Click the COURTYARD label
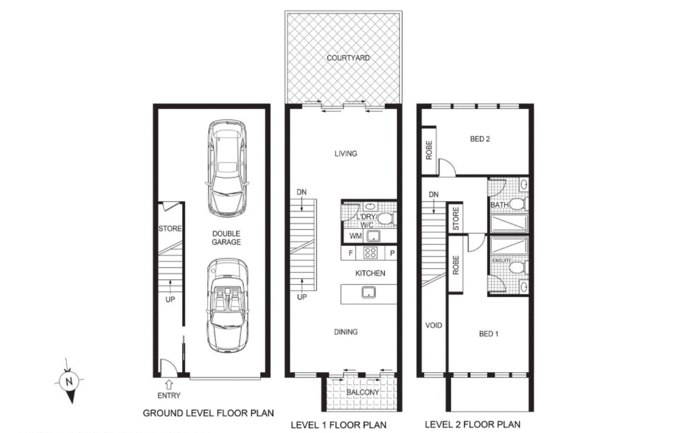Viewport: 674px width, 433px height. click(348, 58)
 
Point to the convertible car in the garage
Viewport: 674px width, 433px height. click(228, 305)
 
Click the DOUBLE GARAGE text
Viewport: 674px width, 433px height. click(226, 237)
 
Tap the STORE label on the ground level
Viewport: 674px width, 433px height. click(170, 229)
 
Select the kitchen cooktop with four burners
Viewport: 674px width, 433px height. click(370, 253)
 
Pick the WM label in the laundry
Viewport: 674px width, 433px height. click(355, 236)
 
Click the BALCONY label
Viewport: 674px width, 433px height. click(362, 393)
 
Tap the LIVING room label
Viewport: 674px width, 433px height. click(345, 153)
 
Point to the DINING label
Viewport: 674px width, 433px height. click(345, 331)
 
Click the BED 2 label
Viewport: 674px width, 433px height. click(480, 139)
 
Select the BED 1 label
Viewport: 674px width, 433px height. click(488, 334)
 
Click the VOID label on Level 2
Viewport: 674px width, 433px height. click(433, 325)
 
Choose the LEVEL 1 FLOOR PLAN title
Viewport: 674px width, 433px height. click(339, 424)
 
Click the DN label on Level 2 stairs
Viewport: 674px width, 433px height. click(434, 194)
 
